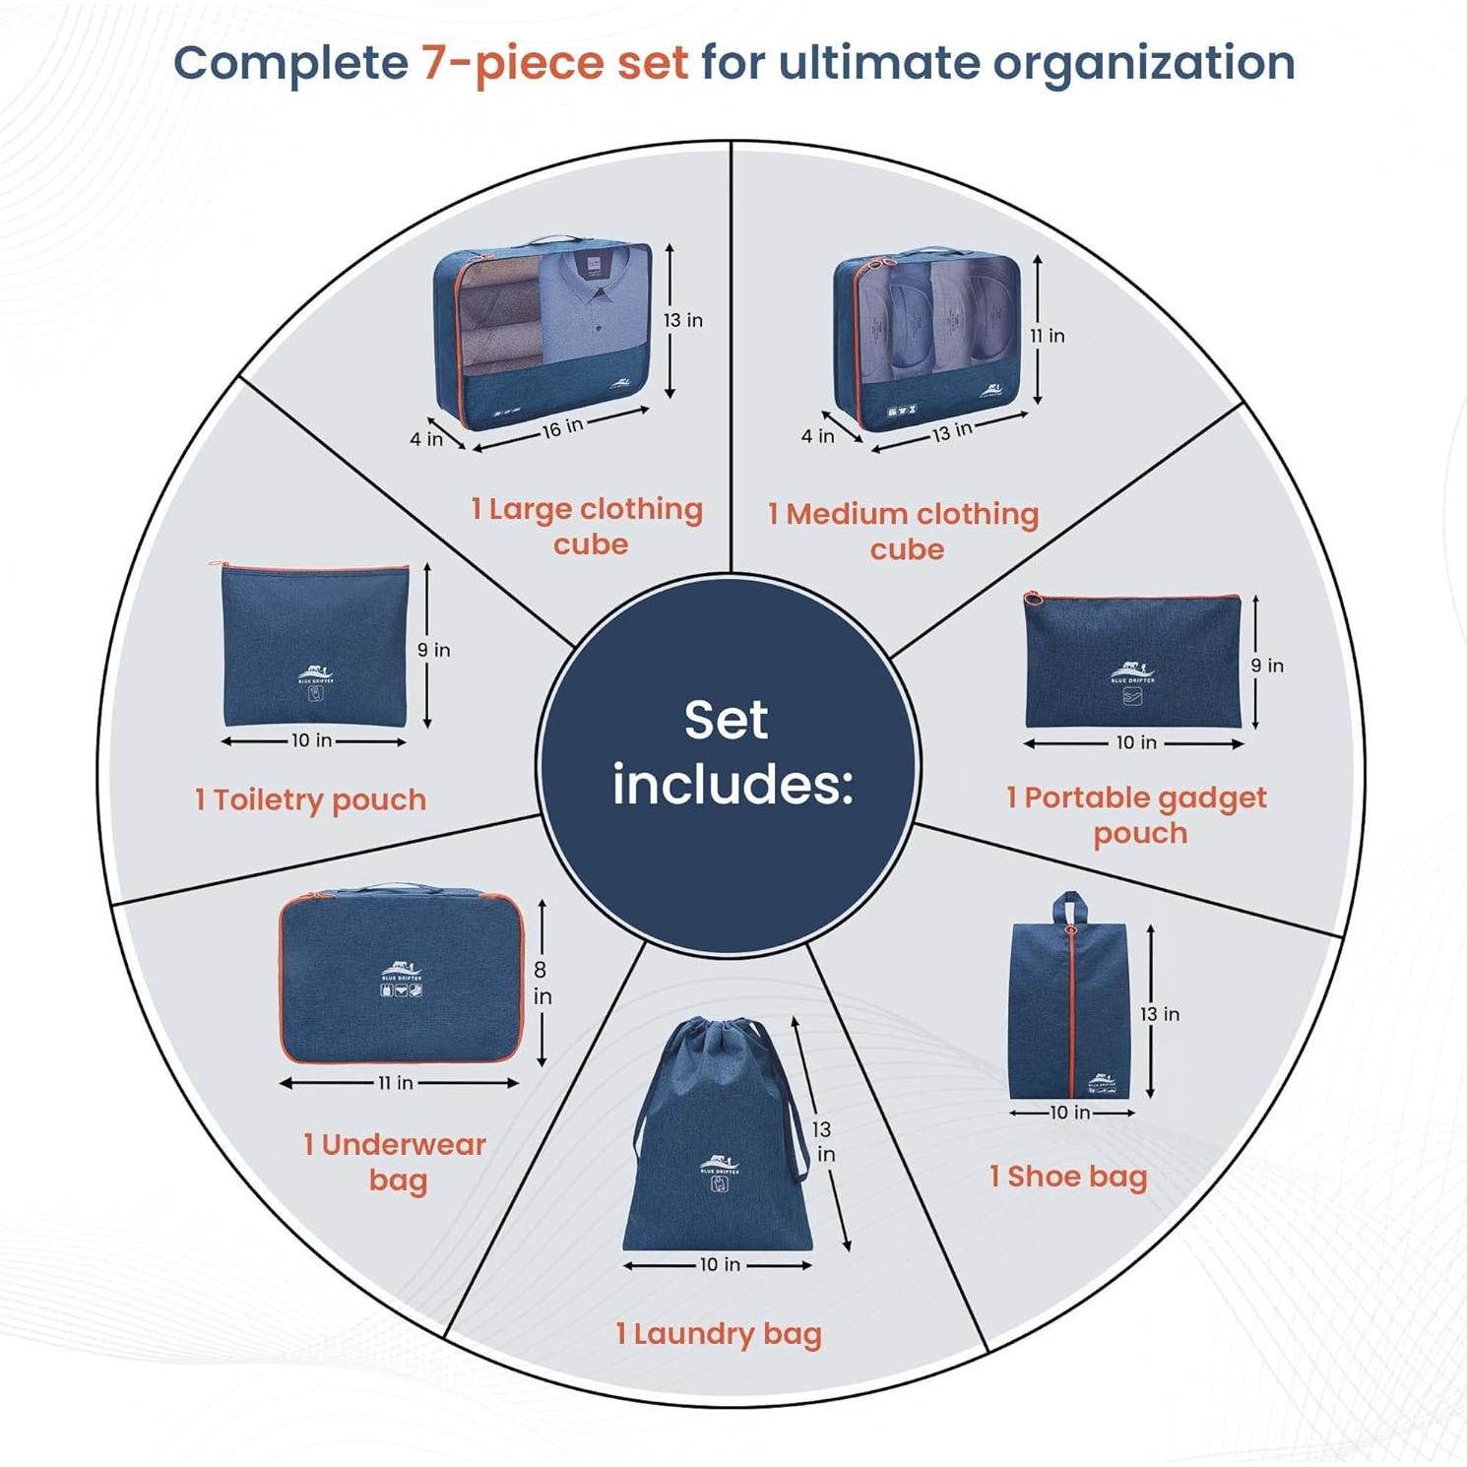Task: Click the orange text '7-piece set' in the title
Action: click(555, 63)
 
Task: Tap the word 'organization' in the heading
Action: click(1143, 63)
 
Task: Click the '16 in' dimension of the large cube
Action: click(562, 427)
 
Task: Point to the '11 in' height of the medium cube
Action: click(1049, 336)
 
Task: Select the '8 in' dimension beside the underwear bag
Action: click(541, 983)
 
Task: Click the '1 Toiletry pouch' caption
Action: click(311, 799)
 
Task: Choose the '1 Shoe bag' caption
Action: click(1068, 1177)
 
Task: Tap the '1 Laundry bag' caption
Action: click(719, 1334)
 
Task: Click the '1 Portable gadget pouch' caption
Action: click(1137, 815)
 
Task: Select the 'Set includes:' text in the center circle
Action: click(729, 753)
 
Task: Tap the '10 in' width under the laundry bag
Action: click(720, 1264)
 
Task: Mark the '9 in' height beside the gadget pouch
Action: click(1268, 666)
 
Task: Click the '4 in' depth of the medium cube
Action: click(817, 435)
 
